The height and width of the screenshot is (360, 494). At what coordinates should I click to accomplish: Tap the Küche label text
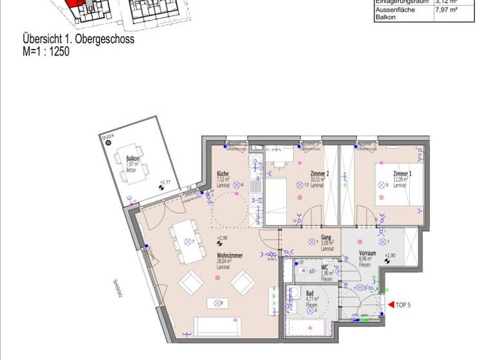(x=223, y=174)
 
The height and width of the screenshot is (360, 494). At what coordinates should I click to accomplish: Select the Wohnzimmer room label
(x=230, y=256)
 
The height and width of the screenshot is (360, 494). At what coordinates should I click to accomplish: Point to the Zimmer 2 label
(x=320, y=174)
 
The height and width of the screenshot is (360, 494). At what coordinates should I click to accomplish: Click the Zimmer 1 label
(x=403, y=174)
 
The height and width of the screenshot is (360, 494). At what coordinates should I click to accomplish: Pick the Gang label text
(x=327, y=237)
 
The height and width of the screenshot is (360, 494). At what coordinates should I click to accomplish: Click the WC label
(x=325, y=267)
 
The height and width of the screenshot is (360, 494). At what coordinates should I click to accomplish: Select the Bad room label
(x=309, y=293)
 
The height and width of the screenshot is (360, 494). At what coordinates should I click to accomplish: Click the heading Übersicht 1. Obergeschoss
(x=78, y=39)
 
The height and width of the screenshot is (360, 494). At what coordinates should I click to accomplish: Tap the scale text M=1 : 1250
(x=46, y=51)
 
